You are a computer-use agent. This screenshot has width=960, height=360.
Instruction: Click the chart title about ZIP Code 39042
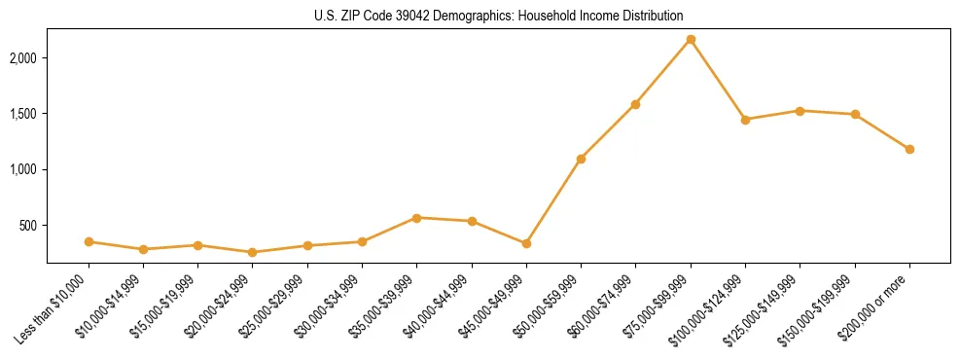(499, 16)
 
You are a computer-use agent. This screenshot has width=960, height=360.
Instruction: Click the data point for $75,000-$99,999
(691, 40)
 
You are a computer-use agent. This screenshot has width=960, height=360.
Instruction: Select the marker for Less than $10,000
(89, 241)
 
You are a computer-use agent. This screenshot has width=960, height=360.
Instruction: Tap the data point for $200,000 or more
(909, 150)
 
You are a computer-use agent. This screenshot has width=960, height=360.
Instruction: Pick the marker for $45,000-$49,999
(526, 243)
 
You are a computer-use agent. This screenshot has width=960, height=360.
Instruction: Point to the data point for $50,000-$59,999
(581, 159)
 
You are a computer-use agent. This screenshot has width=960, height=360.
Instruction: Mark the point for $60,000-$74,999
(635, 104)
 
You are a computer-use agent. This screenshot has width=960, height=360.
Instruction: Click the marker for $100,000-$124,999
(745, 120)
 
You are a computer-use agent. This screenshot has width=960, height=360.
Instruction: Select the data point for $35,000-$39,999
(416, 218)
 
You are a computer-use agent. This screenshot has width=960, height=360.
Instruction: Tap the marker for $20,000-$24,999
(253, 252)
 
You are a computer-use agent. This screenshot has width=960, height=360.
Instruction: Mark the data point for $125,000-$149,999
(800, 111)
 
